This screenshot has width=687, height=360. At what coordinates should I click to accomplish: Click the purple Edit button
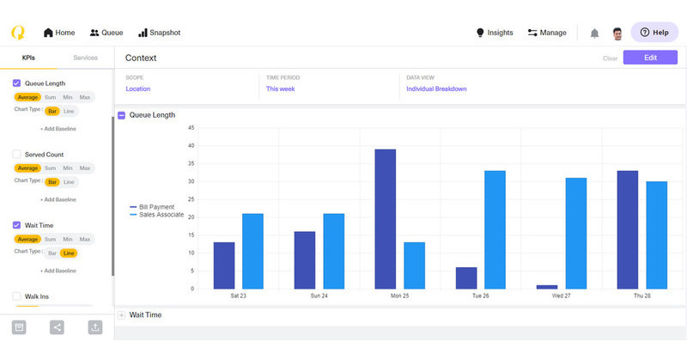pos(650,58)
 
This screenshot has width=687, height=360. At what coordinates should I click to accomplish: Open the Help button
pos(654,33)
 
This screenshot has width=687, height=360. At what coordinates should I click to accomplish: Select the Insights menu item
pos(495,33)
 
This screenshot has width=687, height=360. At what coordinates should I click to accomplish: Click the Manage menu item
pos(547,33)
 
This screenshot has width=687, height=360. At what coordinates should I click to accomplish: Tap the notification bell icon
pos(594,33)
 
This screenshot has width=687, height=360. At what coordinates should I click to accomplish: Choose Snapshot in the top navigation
pos(159,33)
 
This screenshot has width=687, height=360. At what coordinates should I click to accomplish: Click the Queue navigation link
pos(106,33)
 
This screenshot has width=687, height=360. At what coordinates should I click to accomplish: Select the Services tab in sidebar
pos(85,58)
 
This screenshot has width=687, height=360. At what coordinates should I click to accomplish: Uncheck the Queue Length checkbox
pos(17,83)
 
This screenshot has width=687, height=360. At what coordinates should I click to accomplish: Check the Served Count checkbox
pos(17,155)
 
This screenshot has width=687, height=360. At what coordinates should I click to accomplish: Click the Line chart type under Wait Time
pos(69,253)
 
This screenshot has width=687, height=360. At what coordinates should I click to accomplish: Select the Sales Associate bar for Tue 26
pos(495,229)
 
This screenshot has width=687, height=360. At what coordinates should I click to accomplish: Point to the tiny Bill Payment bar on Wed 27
pos(547,286)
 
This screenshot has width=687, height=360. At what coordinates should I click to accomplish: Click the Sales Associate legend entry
pos(158,214)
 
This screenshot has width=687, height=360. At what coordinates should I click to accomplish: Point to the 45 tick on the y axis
pos(191,128)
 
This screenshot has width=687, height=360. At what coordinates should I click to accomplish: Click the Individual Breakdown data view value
pos(437,88)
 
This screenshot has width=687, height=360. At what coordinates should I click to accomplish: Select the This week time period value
pos(282,88)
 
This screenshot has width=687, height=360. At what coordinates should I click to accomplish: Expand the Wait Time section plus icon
pos(121,315)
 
